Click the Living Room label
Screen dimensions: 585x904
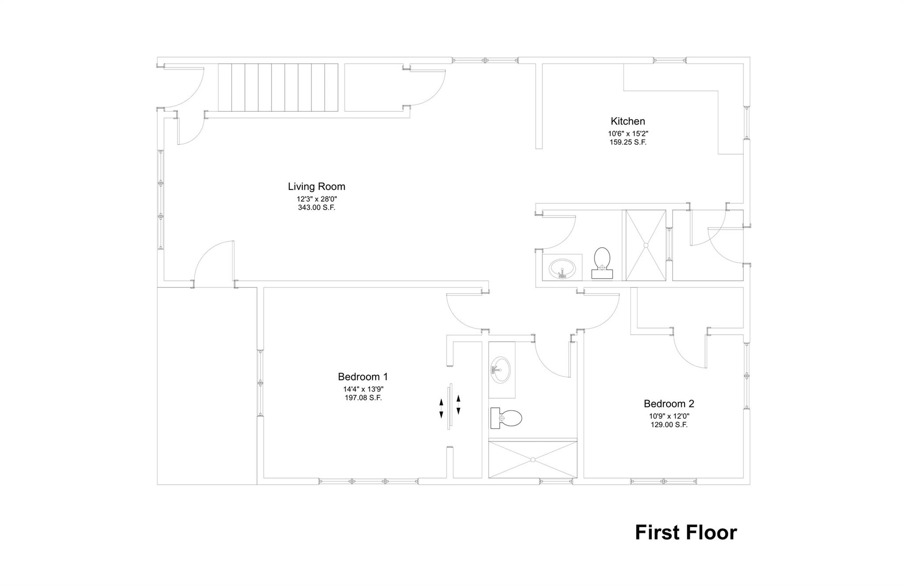(x=316, y=187)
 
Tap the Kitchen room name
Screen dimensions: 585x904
(x=627, y=121)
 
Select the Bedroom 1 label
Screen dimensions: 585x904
(x=362, y=377)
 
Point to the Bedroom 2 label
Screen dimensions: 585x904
(x=669, y=404)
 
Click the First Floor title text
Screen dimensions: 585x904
(x=686, y=532)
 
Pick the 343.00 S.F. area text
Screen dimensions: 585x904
(x=316, y=208)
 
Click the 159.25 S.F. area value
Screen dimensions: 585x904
(x=628, y=143)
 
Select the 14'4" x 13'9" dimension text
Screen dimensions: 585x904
(x=363, y=389)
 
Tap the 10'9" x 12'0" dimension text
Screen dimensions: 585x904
(x=669, y=416)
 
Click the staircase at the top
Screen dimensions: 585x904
(x=278, y=87)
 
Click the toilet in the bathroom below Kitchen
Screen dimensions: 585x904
(x=602, y=263)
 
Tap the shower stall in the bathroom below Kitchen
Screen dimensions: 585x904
(x=645, y=245)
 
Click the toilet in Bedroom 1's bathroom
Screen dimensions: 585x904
(x=506, y=418)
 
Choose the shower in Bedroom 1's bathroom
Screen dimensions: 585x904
(x=532, y=459)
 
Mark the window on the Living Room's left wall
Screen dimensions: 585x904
(x=161, y=200)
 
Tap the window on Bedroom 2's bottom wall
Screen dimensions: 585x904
(x=663, y=481)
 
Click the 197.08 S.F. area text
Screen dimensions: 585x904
(x=363, y=398)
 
